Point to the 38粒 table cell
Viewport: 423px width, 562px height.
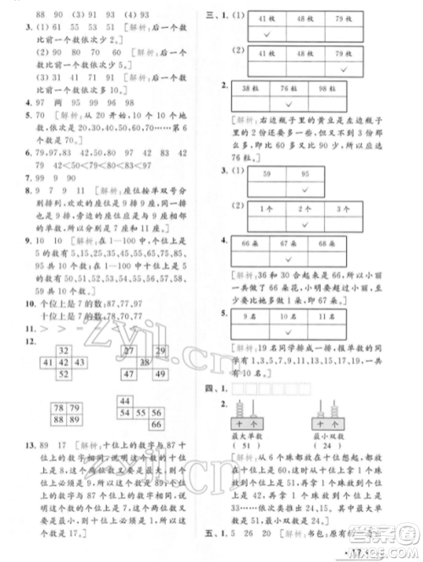tap(250, 89)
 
